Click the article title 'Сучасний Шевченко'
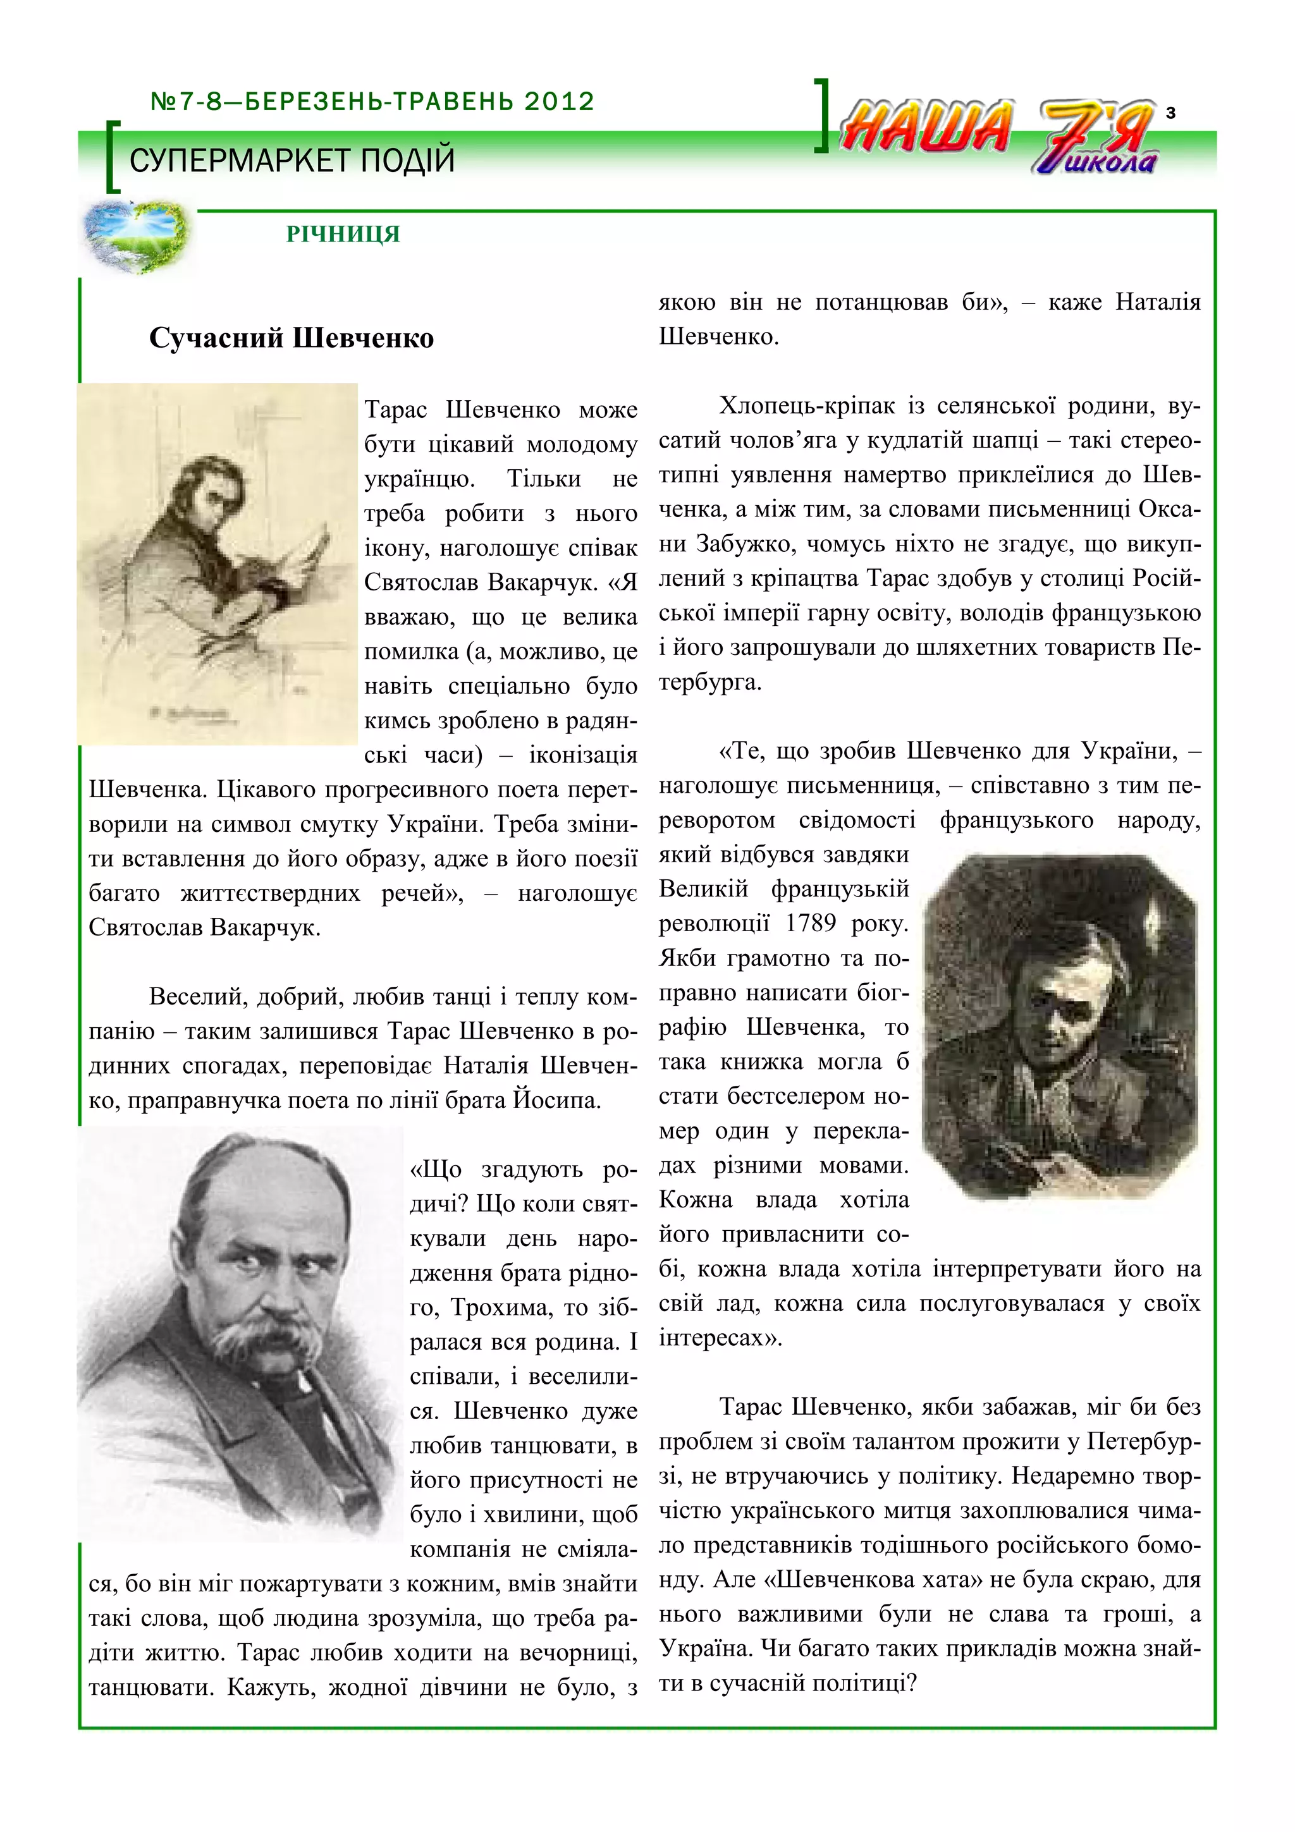pyautogui.click(x=292, y=338)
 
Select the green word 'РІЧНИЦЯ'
pyautogui.click(x=343, y=234)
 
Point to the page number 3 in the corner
pyautogui.click(x=1170, y=113)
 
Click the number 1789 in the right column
pyautogui.click(x=810, y=923)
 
